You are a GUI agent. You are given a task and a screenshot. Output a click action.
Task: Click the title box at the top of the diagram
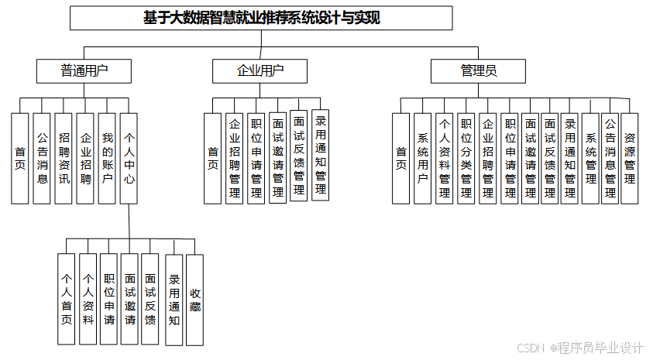click(x=261, y=18)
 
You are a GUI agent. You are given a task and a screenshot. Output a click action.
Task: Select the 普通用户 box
click(x=84, y=71)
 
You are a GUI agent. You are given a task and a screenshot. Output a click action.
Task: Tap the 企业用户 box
click(x=260, y=71)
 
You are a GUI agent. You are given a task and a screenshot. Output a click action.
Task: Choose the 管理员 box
click(x=478, y=71)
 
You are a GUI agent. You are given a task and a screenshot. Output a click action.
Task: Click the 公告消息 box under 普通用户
click(x=42, y=158)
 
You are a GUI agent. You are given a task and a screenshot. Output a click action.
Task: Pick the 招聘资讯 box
click(x=64, y=158)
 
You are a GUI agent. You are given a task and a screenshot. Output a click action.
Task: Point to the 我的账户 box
click(x=108, y=158)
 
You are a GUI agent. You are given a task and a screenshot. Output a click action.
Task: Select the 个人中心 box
click(x=129, y=158)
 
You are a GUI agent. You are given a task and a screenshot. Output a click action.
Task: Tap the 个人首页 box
click(x=67, y=299)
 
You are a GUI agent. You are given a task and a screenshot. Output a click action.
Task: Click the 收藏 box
click(x=194, y=299)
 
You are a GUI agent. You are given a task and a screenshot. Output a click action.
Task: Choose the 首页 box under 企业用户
click(x=212, y=158)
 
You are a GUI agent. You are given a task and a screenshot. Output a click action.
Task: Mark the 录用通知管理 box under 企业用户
click(x=321, y=155)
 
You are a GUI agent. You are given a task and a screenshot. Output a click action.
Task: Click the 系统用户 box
click(x=422, y=158)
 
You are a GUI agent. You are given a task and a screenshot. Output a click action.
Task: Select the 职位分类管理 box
click(x=466, y=158)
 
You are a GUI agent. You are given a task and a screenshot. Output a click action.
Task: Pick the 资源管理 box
click(x=630, y=158)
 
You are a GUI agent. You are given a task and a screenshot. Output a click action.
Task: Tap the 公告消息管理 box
click(x=610, y=158)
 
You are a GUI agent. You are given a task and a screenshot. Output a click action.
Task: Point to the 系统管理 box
click(x=590, y=158)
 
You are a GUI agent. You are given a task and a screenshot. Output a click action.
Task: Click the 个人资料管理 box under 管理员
click(x=445, y=158)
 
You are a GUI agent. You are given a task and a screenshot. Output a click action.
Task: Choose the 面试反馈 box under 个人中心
click(x=150, y=299)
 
